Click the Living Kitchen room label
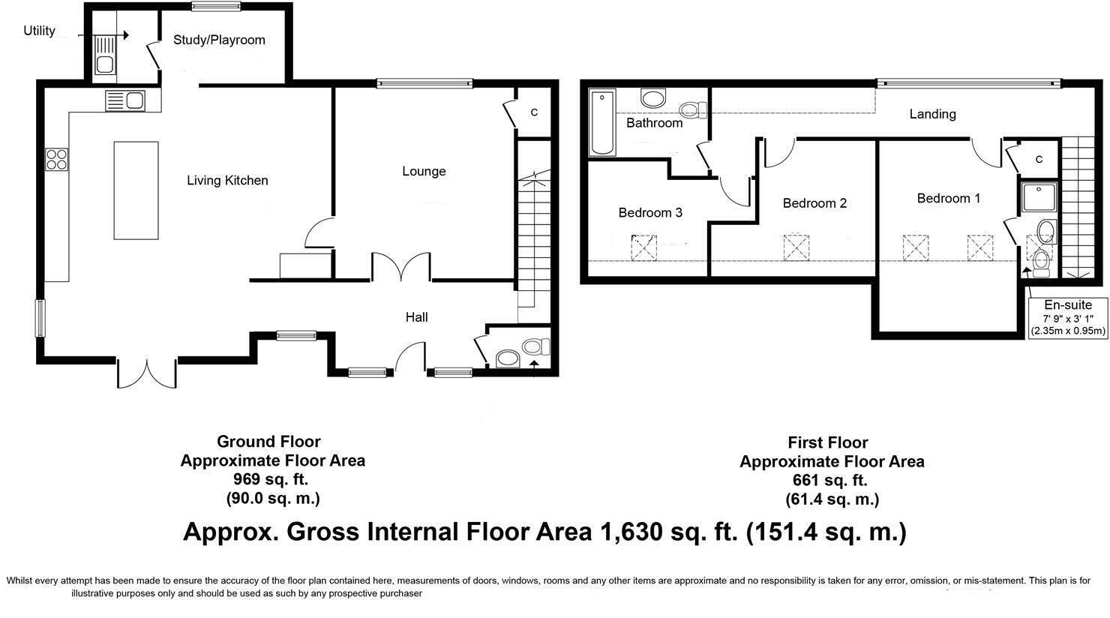pyautogui.click(x=227, y=181)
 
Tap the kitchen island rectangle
pyautogui.click(x=136, y=190)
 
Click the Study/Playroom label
pyautogui.click(x=219, y=40)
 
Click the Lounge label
pyautogui.click(x=424, y=171)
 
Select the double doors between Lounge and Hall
pyautogui.click(x=401, y=267)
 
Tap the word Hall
pyautogui.click(x=416, y=317)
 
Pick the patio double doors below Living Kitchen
pyautogui.click(x=148, y=373)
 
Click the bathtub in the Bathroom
pyautogui.click(x=602, y=123)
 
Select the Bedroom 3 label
pyautogui.click(x=650, y=213)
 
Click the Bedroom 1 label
pyautogui.click(x=948, y=198)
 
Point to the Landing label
pyautogui.click(x=932, y=114)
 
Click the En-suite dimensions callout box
pyautogui.click(x=1067, y=317)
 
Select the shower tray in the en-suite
pyautogui.click(x=1039, y=197)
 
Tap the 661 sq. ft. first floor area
pyautogui.click(x=830, y=480)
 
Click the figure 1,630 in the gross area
pyautogui.click(x=631, y=532)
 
